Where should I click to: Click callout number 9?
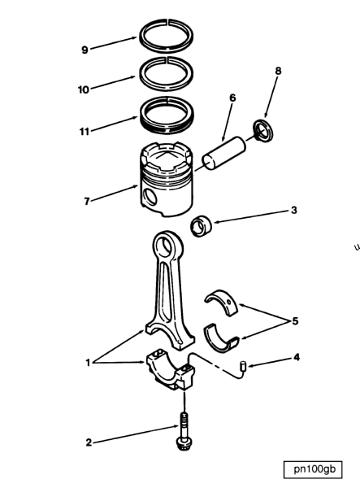pos(85,50)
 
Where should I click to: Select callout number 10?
pos(84,89)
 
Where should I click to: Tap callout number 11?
pos(84,130)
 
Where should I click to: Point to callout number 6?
pos(232,98)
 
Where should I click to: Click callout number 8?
pos(278,72)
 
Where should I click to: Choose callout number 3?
pos(294,209)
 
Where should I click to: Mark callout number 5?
pos(295,320)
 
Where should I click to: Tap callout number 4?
pos(297,356)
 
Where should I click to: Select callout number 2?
pos(89,442)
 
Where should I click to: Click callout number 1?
pos(88,363)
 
